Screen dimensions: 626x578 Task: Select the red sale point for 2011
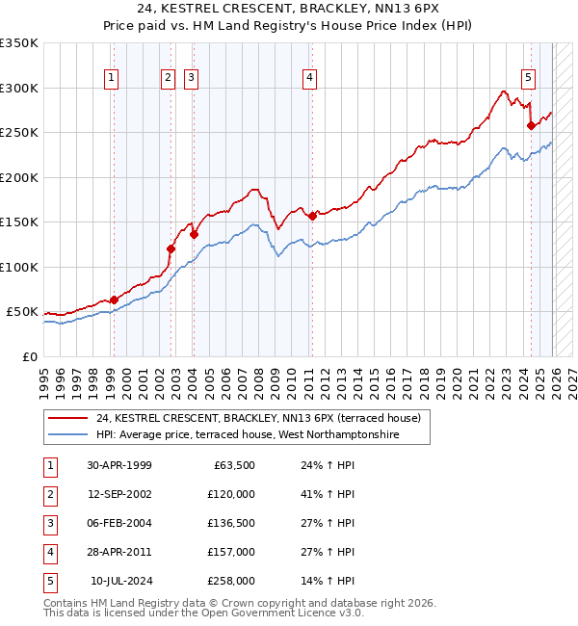311,217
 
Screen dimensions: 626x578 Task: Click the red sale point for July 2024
531,125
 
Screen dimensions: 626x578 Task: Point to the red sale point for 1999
114,300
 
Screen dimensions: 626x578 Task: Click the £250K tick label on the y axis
19,133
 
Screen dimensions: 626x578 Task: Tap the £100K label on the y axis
19,267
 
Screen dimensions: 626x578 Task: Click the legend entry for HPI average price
248,435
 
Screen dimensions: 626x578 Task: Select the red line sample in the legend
67,419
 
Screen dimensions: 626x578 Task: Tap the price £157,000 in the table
231,552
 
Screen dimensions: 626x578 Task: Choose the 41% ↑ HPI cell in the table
321,494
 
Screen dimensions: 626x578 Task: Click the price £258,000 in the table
231,581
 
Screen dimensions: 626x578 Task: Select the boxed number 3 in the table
49,523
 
